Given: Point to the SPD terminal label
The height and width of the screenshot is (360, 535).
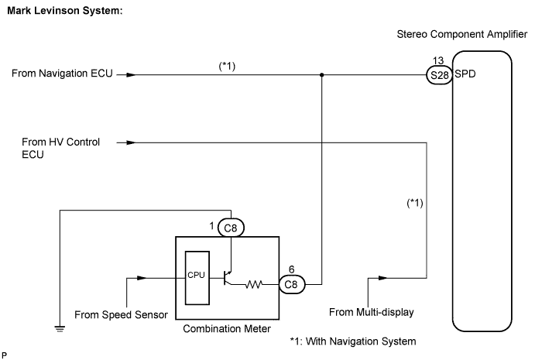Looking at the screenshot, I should pyautogui.click(x=465, y=76).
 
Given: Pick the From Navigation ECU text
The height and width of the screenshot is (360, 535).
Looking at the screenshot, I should pyautogui.click(x=62, y=75).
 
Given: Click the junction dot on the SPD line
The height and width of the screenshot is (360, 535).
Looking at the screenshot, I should pyautogui.click(x=321, y=76).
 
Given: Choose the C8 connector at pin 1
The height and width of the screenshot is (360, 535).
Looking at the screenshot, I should pyautogui.click(x=230, y=228).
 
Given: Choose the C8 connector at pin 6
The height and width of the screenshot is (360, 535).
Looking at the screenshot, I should pyautogui.click(x=290, y=284).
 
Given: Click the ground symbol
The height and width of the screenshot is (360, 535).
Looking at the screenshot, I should pyautogui.click(x=59, y=327).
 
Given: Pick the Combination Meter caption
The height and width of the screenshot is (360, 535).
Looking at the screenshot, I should pyautogui.click(x=226, y=329).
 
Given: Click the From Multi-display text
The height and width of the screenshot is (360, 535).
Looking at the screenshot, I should pyautogui.click(x=373, y=313).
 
